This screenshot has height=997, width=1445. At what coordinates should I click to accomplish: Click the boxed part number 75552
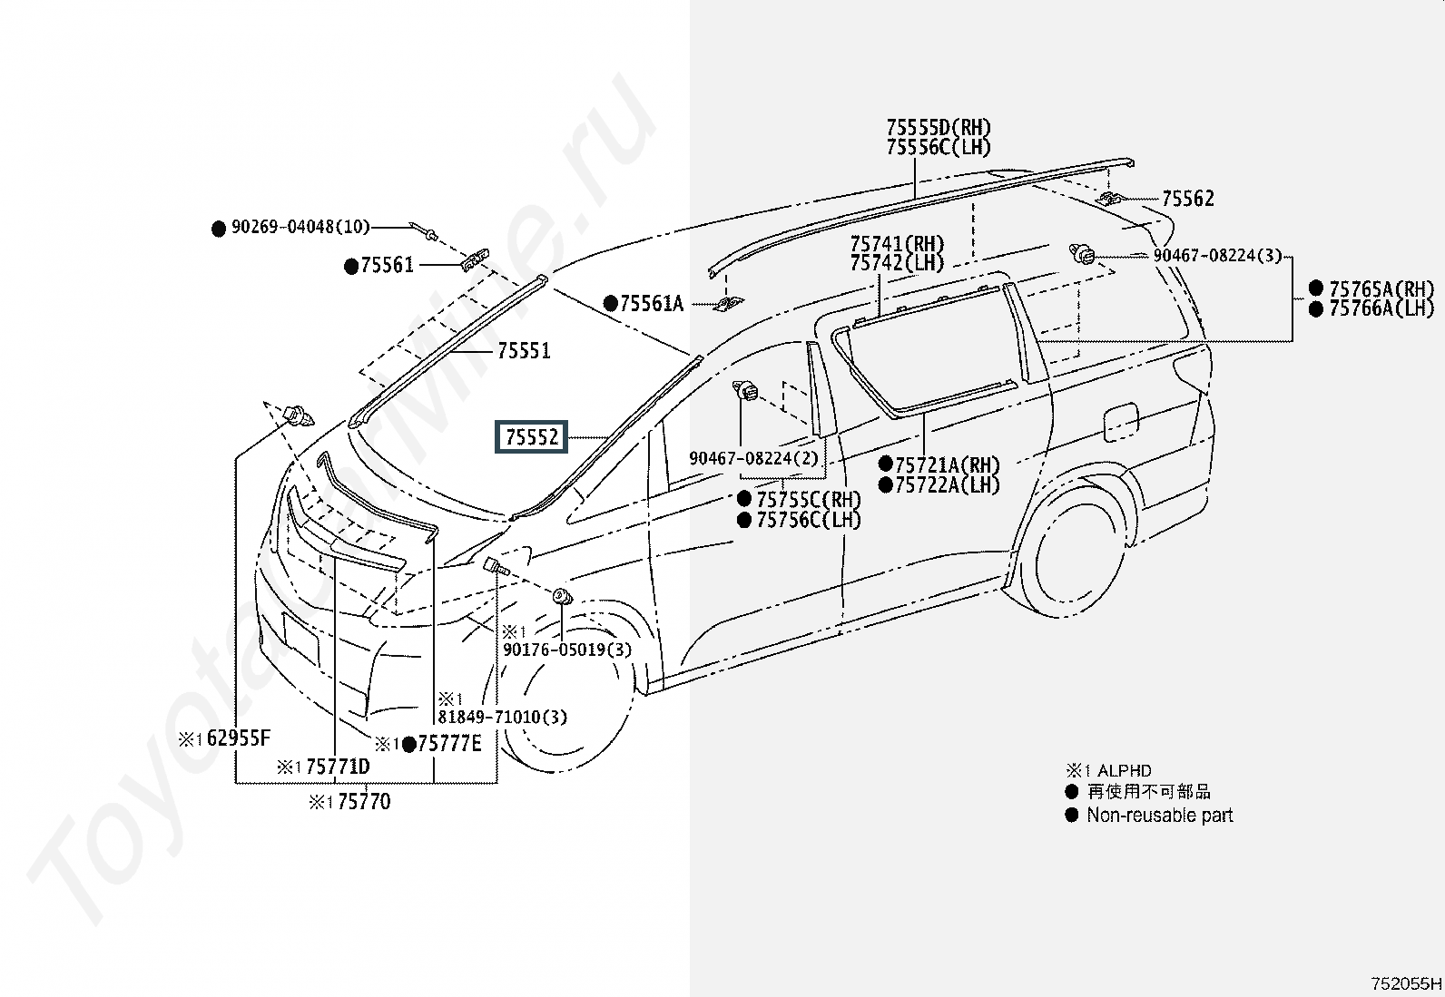tap(531, 436)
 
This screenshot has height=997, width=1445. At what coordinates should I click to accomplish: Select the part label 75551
tap(524, 351)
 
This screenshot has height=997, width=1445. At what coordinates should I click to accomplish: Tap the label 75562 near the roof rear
tap(1187, 199)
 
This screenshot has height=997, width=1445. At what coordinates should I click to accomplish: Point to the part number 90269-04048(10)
tap(300, 227)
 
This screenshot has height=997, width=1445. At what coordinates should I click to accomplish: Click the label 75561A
tap(651, 303)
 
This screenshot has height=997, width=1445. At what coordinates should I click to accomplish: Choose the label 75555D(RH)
tap(938, 127)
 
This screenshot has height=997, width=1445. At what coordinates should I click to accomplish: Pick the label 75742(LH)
tap(897, 262)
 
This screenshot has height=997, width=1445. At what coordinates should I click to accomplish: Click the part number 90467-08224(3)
tap(1217, 256)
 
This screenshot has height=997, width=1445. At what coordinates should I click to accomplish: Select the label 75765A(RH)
tap(1381, 288)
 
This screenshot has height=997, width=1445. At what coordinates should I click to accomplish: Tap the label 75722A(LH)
tap(947, 485)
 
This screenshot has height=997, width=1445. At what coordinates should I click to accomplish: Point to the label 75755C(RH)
tap(809, 500)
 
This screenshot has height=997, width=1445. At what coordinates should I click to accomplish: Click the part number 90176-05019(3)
tap(567, 650)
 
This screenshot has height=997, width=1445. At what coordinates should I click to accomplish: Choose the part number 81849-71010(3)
tap(503, 717)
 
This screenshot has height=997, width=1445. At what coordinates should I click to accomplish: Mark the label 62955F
tap(238, 738)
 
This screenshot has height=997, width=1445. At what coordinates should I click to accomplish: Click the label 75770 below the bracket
tap(364, 802)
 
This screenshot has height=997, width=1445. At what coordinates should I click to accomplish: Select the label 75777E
tap(449, 744)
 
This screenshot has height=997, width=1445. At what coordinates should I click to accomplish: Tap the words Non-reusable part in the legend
tap(1159, 816)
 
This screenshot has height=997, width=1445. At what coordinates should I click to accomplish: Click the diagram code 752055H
tap(1406, 983)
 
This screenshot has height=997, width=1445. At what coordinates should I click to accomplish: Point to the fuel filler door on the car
tap(1121, 423)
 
